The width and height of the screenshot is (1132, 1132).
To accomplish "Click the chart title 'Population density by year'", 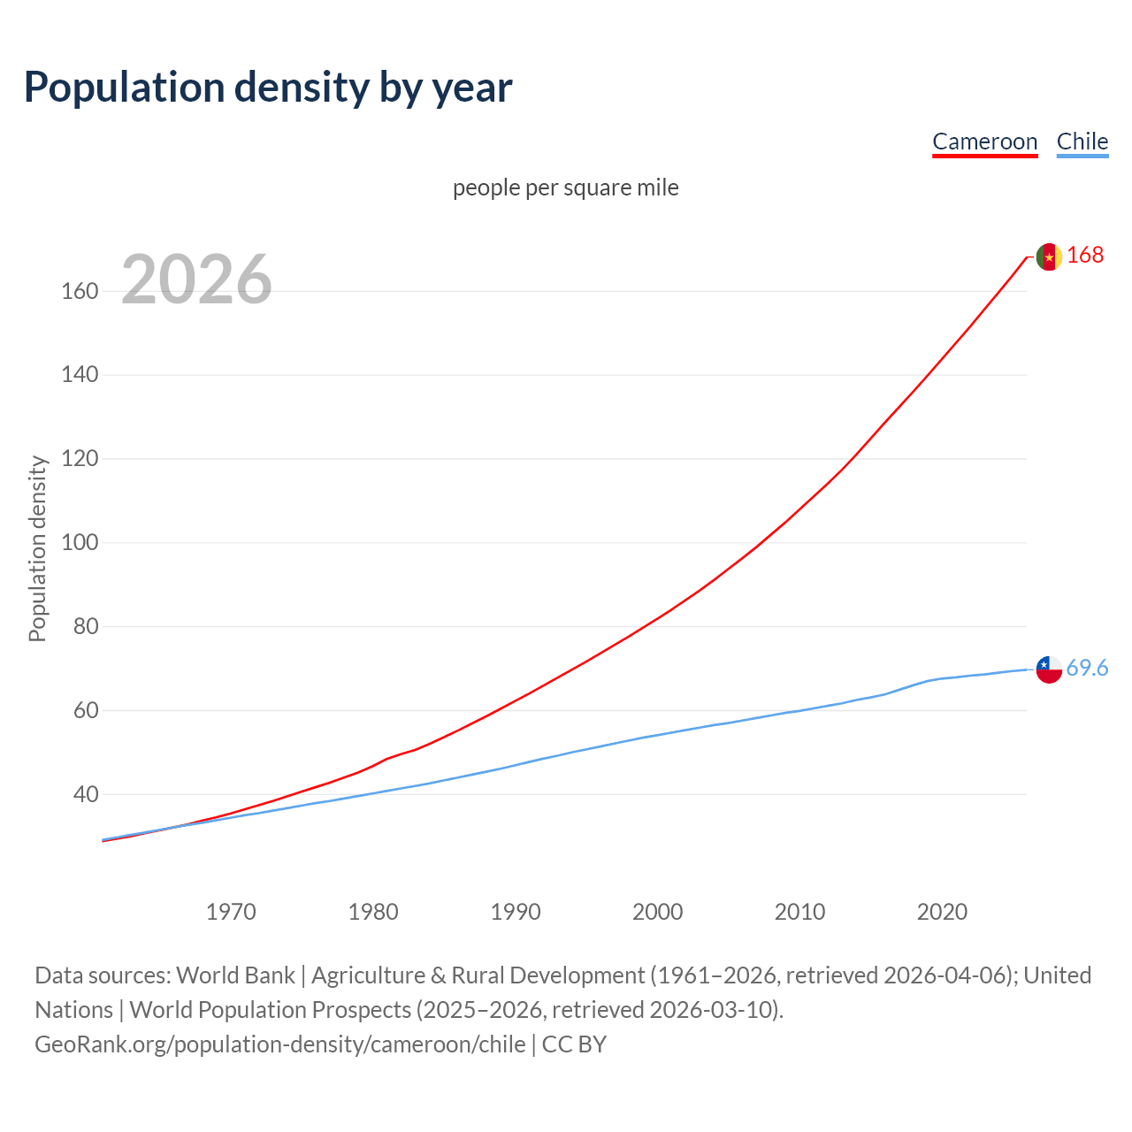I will coord(268,88).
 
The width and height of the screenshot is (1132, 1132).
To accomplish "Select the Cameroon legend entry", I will coord(984,141).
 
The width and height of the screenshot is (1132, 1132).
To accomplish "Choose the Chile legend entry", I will coord(1082,141).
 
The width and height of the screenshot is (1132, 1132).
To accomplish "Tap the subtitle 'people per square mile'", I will coord(565,187).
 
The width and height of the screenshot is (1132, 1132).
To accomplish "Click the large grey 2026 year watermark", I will coord(196,279).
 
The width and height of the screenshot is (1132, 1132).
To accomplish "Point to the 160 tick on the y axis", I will coord(80,291).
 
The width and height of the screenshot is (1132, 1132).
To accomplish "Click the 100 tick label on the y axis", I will coord(80,542).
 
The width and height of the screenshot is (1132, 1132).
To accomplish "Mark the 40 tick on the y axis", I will coord(86,794).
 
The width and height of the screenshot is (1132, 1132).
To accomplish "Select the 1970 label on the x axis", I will coord(231,912).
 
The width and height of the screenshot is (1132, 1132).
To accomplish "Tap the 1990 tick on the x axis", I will coord(516,912).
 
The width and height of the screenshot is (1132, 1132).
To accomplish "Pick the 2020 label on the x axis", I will coord(942,912).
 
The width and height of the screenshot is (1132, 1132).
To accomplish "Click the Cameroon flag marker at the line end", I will coord(1049,256).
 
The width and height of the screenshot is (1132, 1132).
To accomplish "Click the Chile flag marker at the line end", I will coord(1049,669).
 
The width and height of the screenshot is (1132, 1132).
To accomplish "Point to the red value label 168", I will coord(1085,256).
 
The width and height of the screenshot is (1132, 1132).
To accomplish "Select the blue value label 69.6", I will coord(1087,669).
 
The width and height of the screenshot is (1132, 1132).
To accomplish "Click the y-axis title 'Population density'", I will coord(37,548).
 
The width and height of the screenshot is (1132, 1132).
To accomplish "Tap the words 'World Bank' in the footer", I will coord(235,975).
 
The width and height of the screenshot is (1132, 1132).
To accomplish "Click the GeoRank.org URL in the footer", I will coord(280,1044).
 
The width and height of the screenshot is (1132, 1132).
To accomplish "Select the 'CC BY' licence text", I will coord(574,1044).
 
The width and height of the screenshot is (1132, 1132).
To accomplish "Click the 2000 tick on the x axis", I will coord(657,912).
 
